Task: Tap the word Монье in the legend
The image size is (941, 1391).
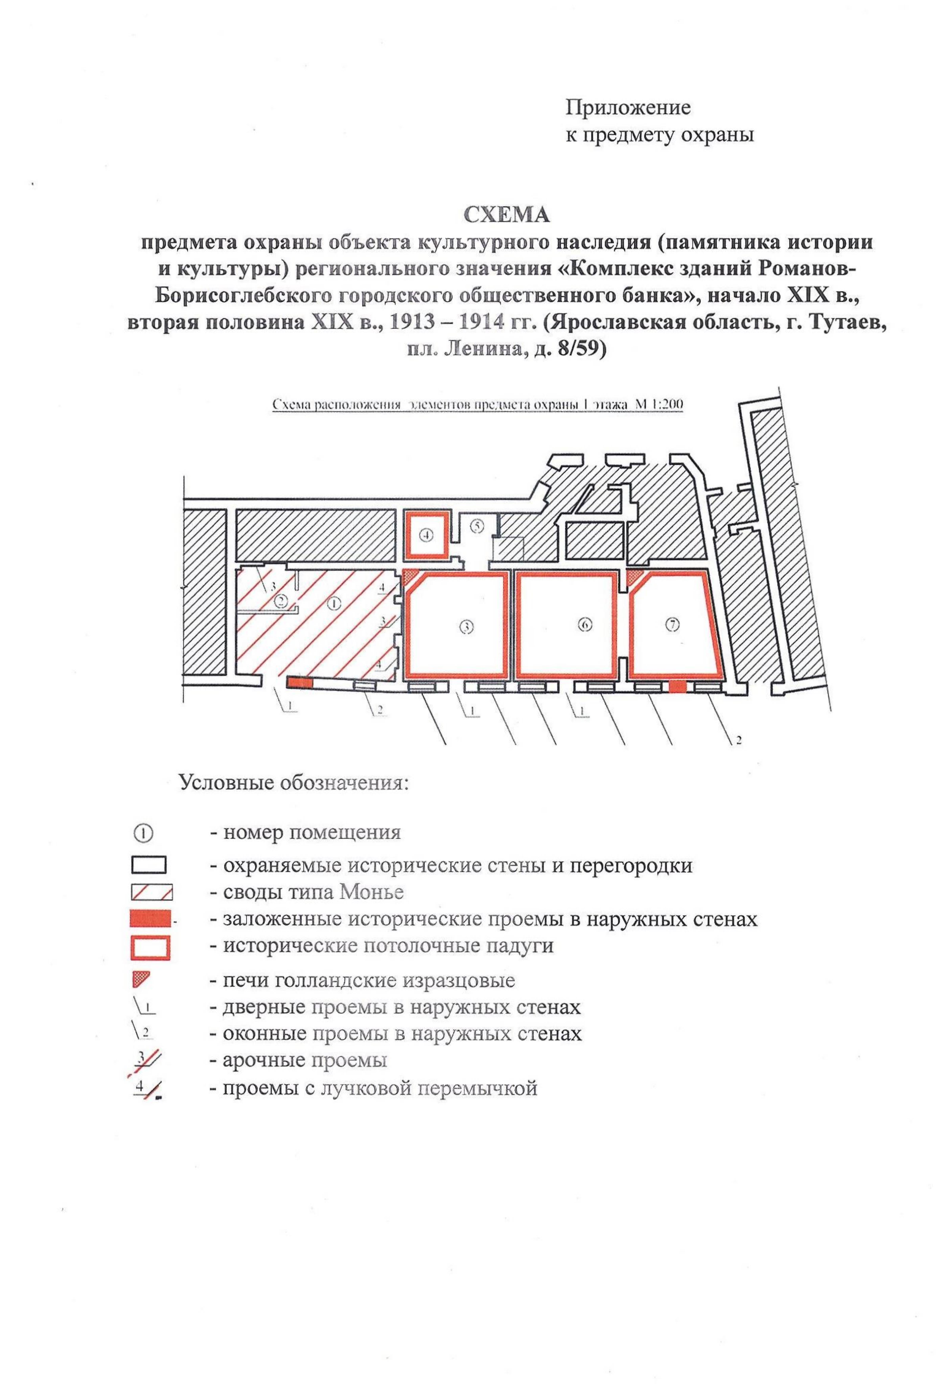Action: (371, 892)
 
